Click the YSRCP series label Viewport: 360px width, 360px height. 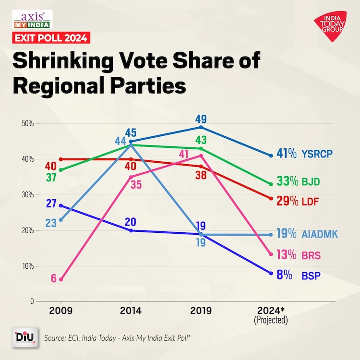[318, 154]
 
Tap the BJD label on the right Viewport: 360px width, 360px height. [311, 182]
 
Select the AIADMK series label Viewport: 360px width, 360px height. [320, 234]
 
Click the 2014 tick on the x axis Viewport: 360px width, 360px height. [131, 310]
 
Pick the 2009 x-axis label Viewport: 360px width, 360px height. [60, 310]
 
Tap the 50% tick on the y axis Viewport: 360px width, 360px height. [27, 123]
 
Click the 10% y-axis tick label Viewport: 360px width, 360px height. [27, 266]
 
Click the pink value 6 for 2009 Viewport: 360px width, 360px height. [53, 278]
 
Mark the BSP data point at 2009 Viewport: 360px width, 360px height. [61, 205]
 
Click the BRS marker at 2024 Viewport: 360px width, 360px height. [271, 254]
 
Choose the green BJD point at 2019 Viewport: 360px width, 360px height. [201, 148]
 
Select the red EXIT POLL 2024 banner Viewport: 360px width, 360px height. [50, 38]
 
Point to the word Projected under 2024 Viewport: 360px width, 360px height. [272, 320]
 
